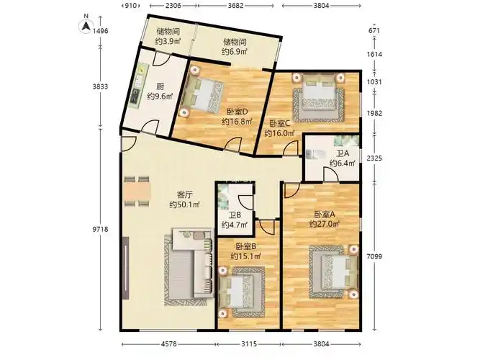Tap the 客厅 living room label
coord(185,194)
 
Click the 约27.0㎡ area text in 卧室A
coord(324,224)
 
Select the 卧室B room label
coord(246,246)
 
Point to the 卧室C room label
coord(279,123)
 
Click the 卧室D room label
coord(237,112)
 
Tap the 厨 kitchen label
coord(160,86)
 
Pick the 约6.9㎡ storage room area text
coord(235,51)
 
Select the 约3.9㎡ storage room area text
coord(168,41)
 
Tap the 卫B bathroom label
coord(235,215)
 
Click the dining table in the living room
coord(137,192)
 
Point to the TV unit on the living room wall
coord(125,268)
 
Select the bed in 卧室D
coord(201,94)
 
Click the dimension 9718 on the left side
coord(101,229)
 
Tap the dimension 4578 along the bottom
coord(168,344)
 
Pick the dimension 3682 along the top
coord(236,5)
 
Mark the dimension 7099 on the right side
coord(374,256)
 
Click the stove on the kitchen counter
coord(135,96)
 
